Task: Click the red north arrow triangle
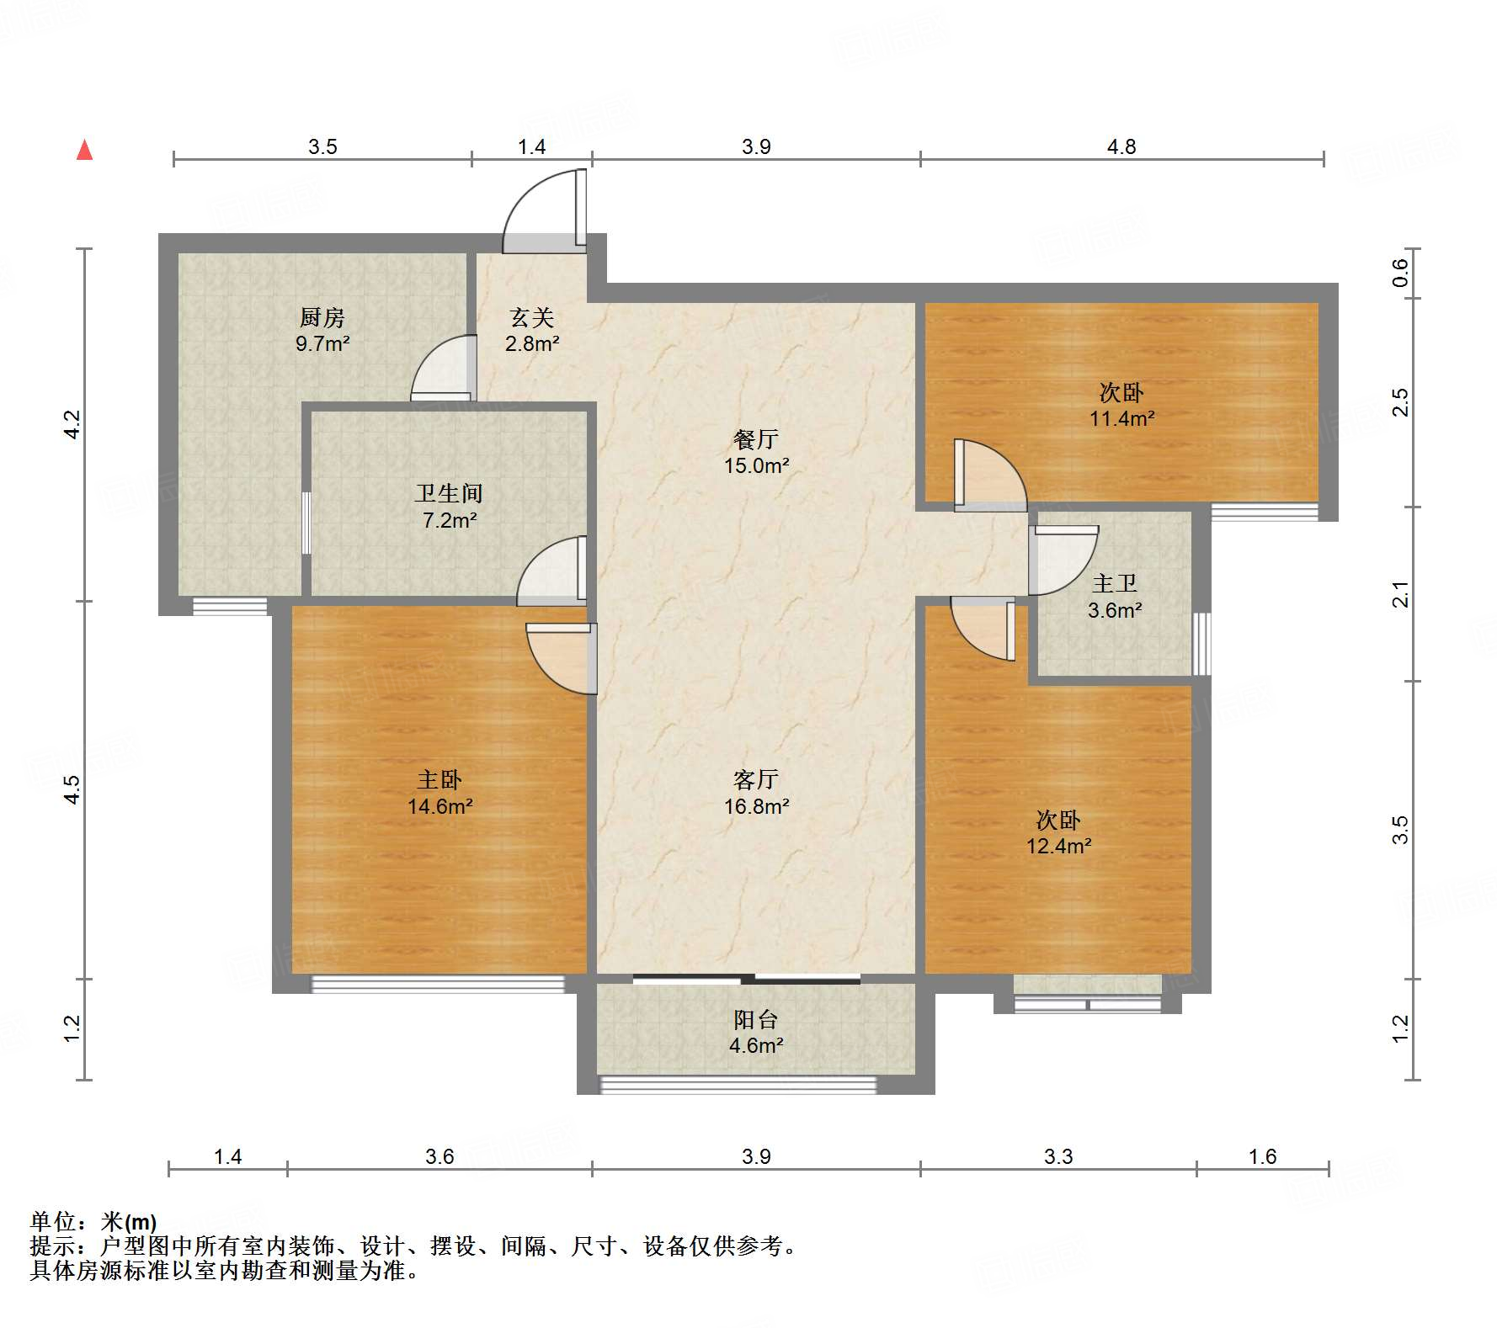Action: pyautogui.click(x=84, y=150)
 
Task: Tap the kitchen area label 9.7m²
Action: pyautogui.click(x=322, y=343)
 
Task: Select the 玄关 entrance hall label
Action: pyautogui.click(x=532, y=317)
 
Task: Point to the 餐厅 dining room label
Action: pyautogui.click(x=756, y=439)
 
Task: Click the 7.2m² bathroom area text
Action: pyautogui.click(x=450, y=520)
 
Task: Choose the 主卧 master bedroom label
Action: pyautogui.click(x=440, y=779)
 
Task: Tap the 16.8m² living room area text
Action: pyautogui.click(x=756, y=806)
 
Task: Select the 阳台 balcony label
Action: pyautogui.click(x=755, y=1019)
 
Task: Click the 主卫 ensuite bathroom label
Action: pyautogui.click(x=1114, y=583)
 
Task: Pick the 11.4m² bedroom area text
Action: pyautogui.click(x=1121, y=418)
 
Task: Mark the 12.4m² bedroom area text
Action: pyautogui.click(x=1058, y=846)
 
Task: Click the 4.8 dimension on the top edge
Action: pyautogui.click(x=1121, y=146)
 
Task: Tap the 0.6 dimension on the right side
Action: pyautogui.click(x=1400, y=272)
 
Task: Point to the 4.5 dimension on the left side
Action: pyautogui.click(x=72, y=789)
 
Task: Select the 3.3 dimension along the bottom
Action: pyautogui.click(x=1058, y=1156)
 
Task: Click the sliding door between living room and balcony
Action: pyautogui.click(x=747, y=979)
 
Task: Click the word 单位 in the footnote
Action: pyautogui.click(x=52, y=1221)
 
